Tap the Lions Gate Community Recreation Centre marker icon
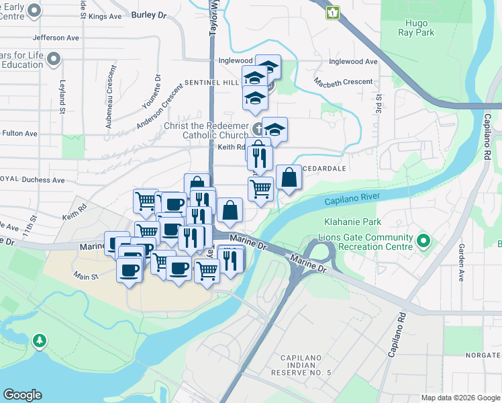pyautogui.click(x=423, y=240)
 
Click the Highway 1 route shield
pyautogui.click(x=333, y=11)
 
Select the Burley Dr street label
pyautogui.click(x=148, y=14)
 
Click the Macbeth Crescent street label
pyautogui.click(x=344, y=82)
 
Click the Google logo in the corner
pyautogui.click(x=22, y=395)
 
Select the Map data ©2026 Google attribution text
pyautogui.click(x=461, y=398)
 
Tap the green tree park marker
pyautogui.click(x=40, y=341)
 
